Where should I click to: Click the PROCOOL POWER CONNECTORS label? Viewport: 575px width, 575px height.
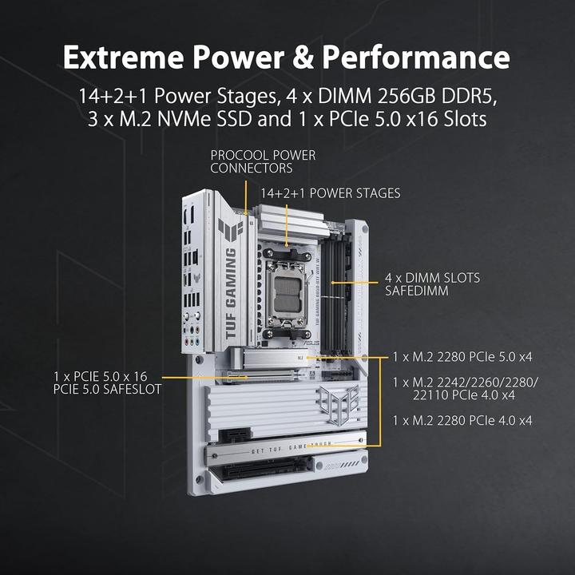click(263, 161)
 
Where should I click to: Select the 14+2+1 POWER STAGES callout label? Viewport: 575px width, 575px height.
click(330, 193)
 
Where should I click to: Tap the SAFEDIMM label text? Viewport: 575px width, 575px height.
click(416, 291)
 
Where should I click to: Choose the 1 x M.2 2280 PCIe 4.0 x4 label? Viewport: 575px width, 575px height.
click(462, 419)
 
